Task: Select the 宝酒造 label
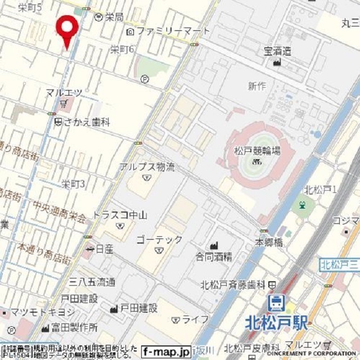coord(278,51)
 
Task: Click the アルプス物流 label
coord(147,167)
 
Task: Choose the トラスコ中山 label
coord(120,215)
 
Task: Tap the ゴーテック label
coord(160,240)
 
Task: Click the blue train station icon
coord(276,303)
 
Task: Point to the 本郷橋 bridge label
coord(268,242)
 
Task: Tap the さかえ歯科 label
coord(86,121)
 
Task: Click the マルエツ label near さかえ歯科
coord(64,92)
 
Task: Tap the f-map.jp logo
coord(166,352)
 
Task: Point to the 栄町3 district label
coord(73,184)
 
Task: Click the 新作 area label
coord(256,86)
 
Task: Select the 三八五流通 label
coord(92,282)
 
